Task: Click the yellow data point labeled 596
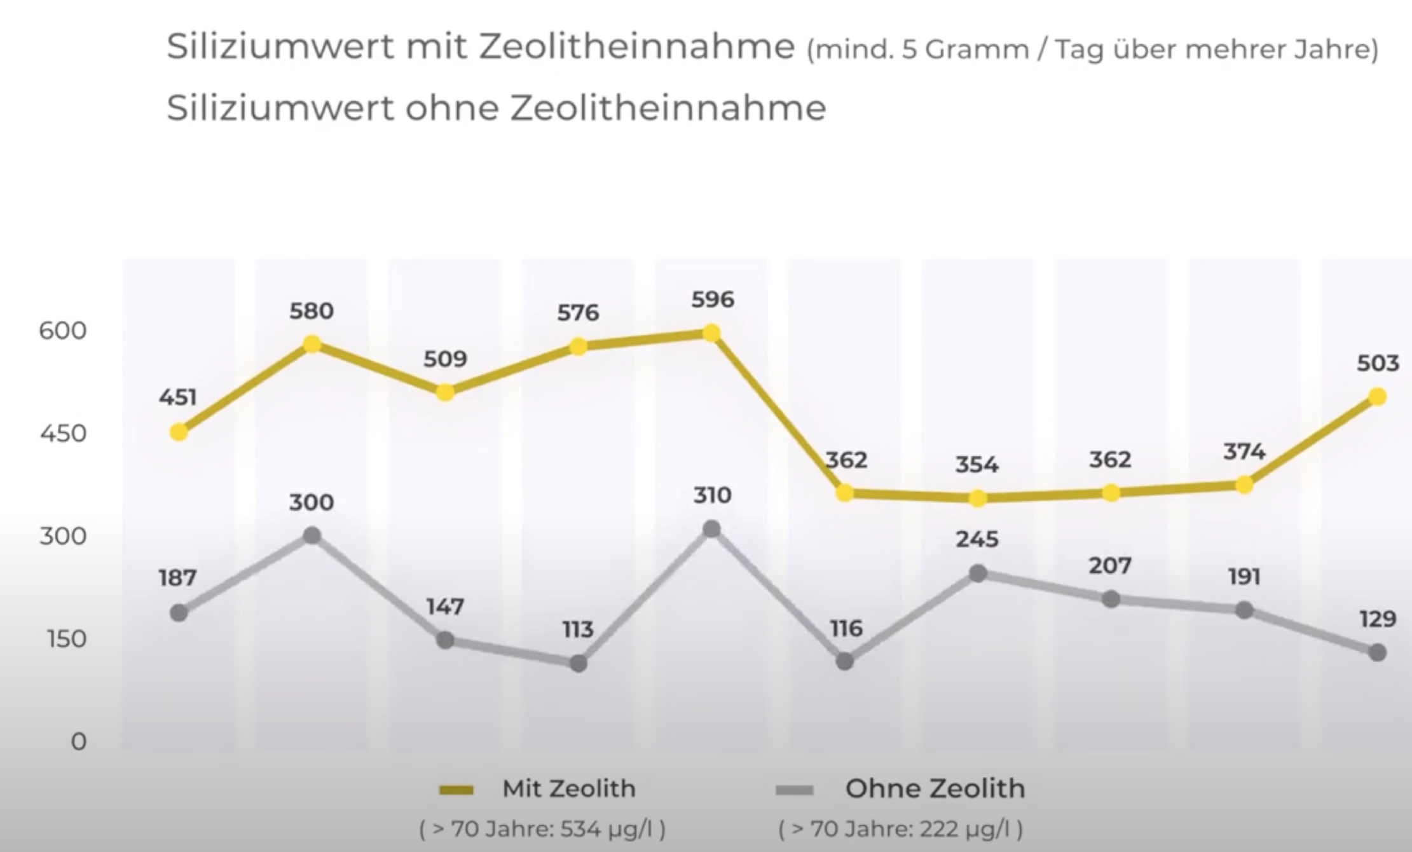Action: [711, 333]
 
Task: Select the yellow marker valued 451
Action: [179, 432]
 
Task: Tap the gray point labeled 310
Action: [711, 529]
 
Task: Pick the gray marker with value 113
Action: [578, 664]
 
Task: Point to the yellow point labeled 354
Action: [978, 498]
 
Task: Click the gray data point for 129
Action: [1377, 653]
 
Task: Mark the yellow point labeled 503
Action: [1377, 397]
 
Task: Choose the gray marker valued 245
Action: [978, 574]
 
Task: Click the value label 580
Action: [312, 311]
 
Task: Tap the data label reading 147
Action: [445, 607]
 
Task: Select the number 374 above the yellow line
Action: [1244, 451]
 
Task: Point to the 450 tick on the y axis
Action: [62, 434]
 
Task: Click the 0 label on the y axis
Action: [78, 741]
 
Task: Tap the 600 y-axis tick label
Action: [62, 331]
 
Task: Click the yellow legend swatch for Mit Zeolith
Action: [456, 790]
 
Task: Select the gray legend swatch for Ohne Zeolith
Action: [794, 790]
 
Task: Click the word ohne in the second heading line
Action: [451, 107]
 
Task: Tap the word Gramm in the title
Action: [977, 50]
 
